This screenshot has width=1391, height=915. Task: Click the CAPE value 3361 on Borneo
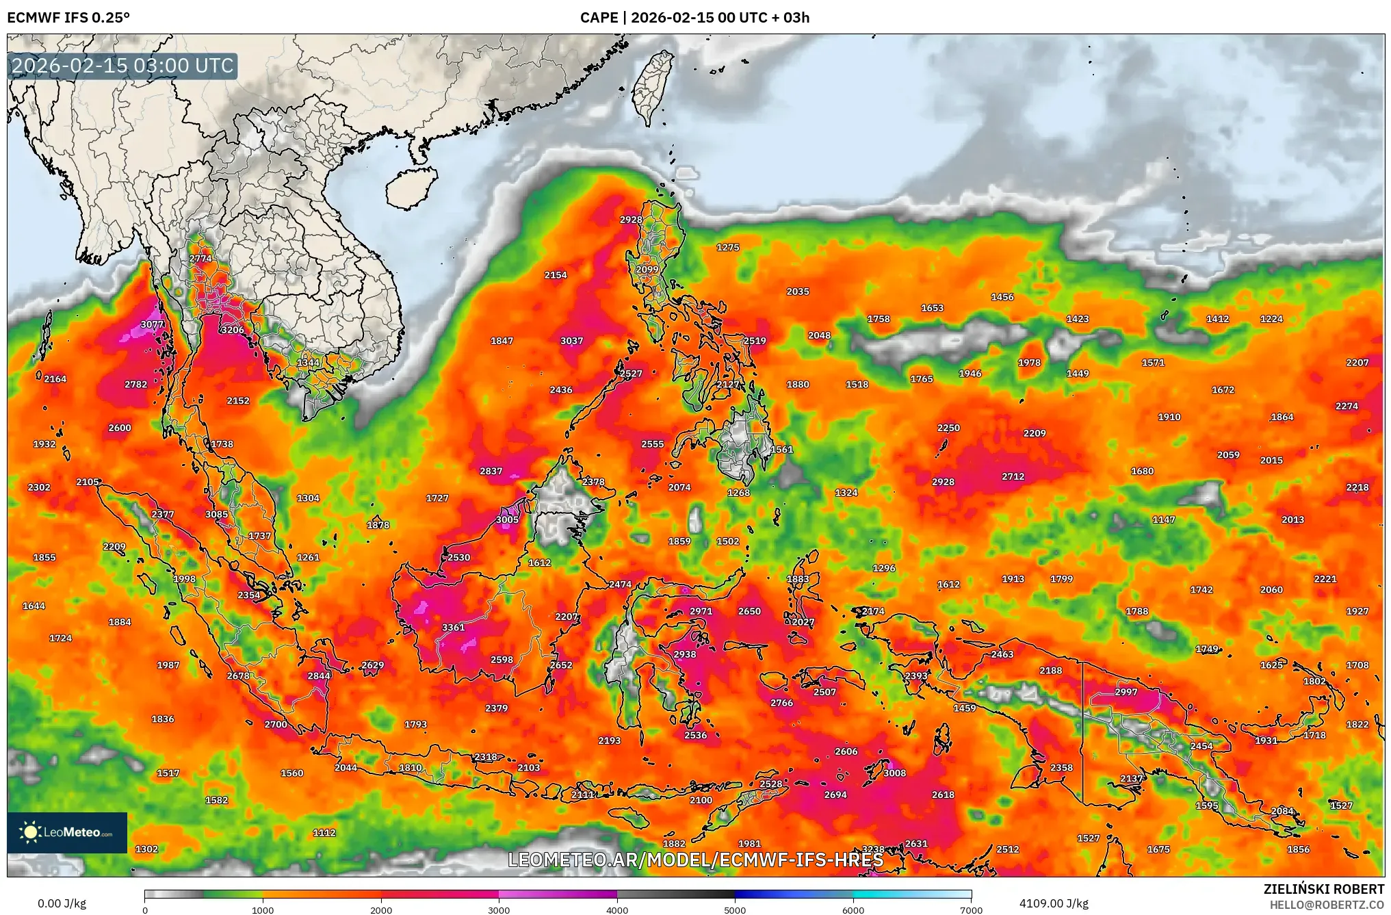pos(453,627)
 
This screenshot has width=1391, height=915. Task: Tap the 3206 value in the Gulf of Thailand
pos(233,330)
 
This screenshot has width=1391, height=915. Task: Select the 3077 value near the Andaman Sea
pos(152,324)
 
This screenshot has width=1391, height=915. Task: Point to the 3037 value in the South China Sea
pos(571,341)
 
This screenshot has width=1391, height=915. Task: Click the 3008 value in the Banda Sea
pos(894,773)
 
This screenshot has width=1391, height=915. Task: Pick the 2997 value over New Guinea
pos(1126,692)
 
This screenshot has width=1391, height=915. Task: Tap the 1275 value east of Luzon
pos(727,248)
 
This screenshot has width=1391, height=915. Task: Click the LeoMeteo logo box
pos(67,832)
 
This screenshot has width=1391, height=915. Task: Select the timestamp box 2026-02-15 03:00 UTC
pos(123,66)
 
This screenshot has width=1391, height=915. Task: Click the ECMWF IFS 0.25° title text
pos(68,18)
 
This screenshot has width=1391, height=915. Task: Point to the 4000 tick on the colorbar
pos(617,910)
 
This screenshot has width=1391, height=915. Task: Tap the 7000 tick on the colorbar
pos(971,910)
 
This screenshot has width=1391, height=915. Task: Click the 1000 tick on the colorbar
pos(263,910)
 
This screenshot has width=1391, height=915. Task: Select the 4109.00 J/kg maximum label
pos(1053,903)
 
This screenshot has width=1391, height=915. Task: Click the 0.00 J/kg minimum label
pos(62,903)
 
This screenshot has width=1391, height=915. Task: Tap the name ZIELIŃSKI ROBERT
pos(1323,889)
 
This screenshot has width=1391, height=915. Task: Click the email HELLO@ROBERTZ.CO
pos(1327,905)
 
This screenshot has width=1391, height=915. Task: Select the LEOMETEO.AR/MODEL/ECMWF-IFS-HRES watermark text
pos(695,860)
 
